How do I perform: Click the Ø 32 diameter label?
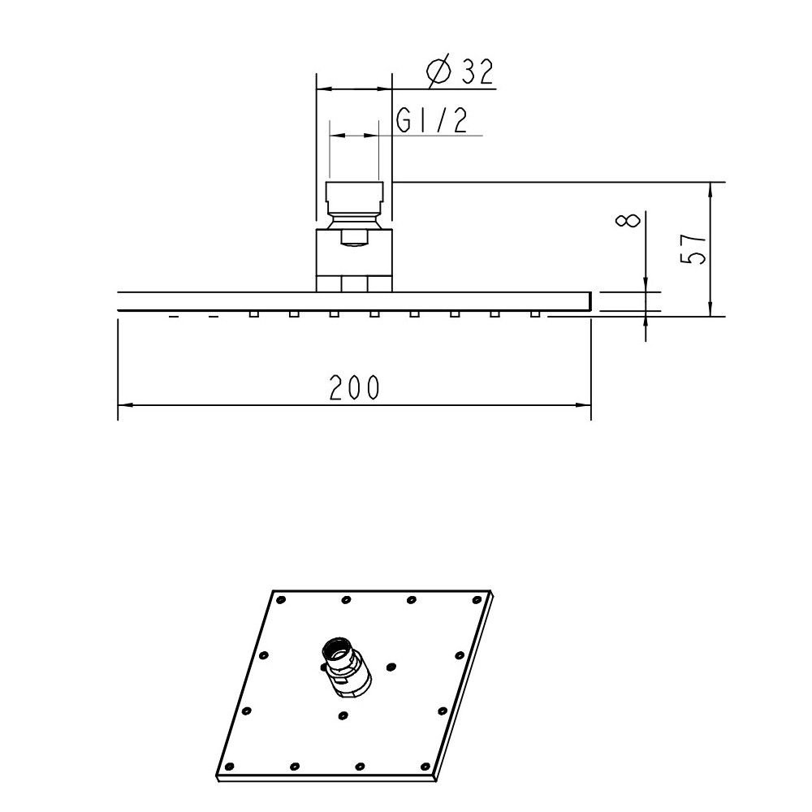(460, 71)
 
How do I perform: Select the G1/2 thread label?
(432, 121)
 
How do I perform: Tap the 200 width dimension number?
(355, 387)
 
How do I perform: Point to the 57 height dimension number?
(693, 249)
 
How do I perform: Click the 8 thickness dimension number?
(628, 219)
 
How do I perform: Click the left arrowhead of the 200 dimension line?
(124, 405)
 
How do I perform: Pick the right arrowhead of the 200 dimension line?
(584, 405)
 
